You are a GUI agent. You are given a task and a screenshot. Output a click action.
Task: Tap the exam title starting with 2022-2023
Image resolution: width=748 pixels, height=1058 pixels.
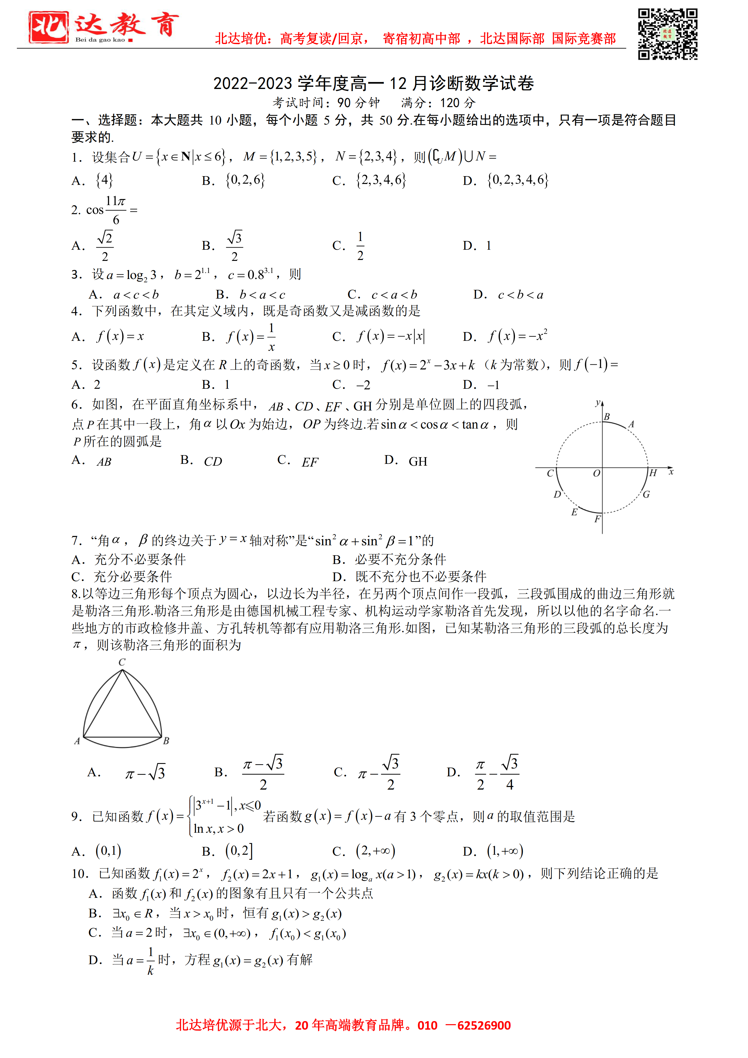coord(374,84)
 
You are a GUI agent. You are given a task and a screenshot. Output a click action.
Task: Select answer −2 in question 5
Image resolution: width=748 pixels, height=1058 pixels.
coord(363,385)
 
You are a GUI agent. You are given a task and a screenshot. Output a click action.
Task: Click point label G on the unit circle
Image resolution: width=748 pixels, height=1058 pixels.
coord(646,494)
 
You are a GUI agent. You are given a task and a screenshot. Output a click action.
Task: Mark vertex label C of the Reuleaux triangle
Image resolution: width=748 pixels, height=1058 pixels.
coord(122,662)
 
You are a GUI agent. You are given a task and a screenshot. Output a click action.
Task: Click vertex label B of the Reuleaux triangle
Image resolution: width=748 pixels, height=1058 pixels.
coord(166,741)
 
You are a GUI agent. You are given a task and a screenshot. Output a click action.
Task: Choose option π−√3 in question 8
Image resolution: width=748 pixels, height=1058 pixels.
coord(145,773)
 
